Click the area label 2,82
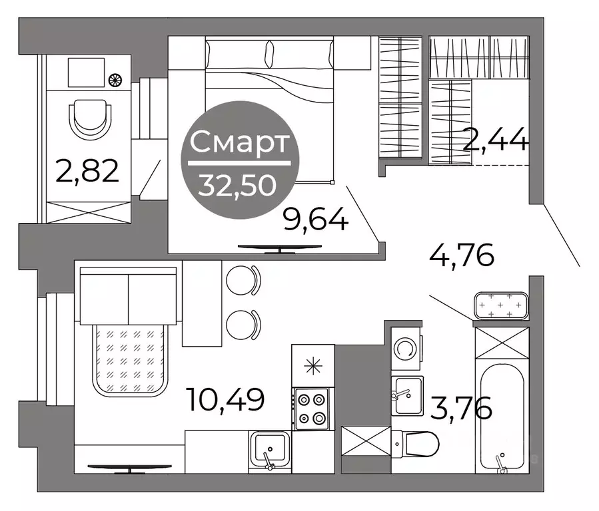(x=87, y=172)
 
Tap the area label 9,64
(x=316, y=220)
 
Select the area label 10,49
(x=225, y=399)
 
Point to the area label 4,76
(x=462, y=255)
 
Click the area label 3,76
(x=461, y=408)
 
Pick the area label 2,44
(x=496, y=140)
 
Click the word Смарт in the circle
(x=239, y=142)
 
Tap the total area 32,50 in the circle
(x=237, y=186)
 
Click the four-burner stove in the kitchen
(x=311, y=409)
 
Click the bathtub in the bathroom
(x=502, y=418)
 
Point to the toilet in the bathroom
(x=416, y=444)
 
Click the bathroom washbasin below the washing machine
(x=407, y=395)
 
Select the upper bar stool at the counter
(x=243, y=280)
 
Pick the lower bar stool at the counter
(x=243, y=325)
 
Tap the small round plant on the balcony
(x=115, y=80)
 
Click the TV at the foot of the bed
(x=280, y=248)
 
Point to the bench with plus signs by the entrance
(x=500, y=305)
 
